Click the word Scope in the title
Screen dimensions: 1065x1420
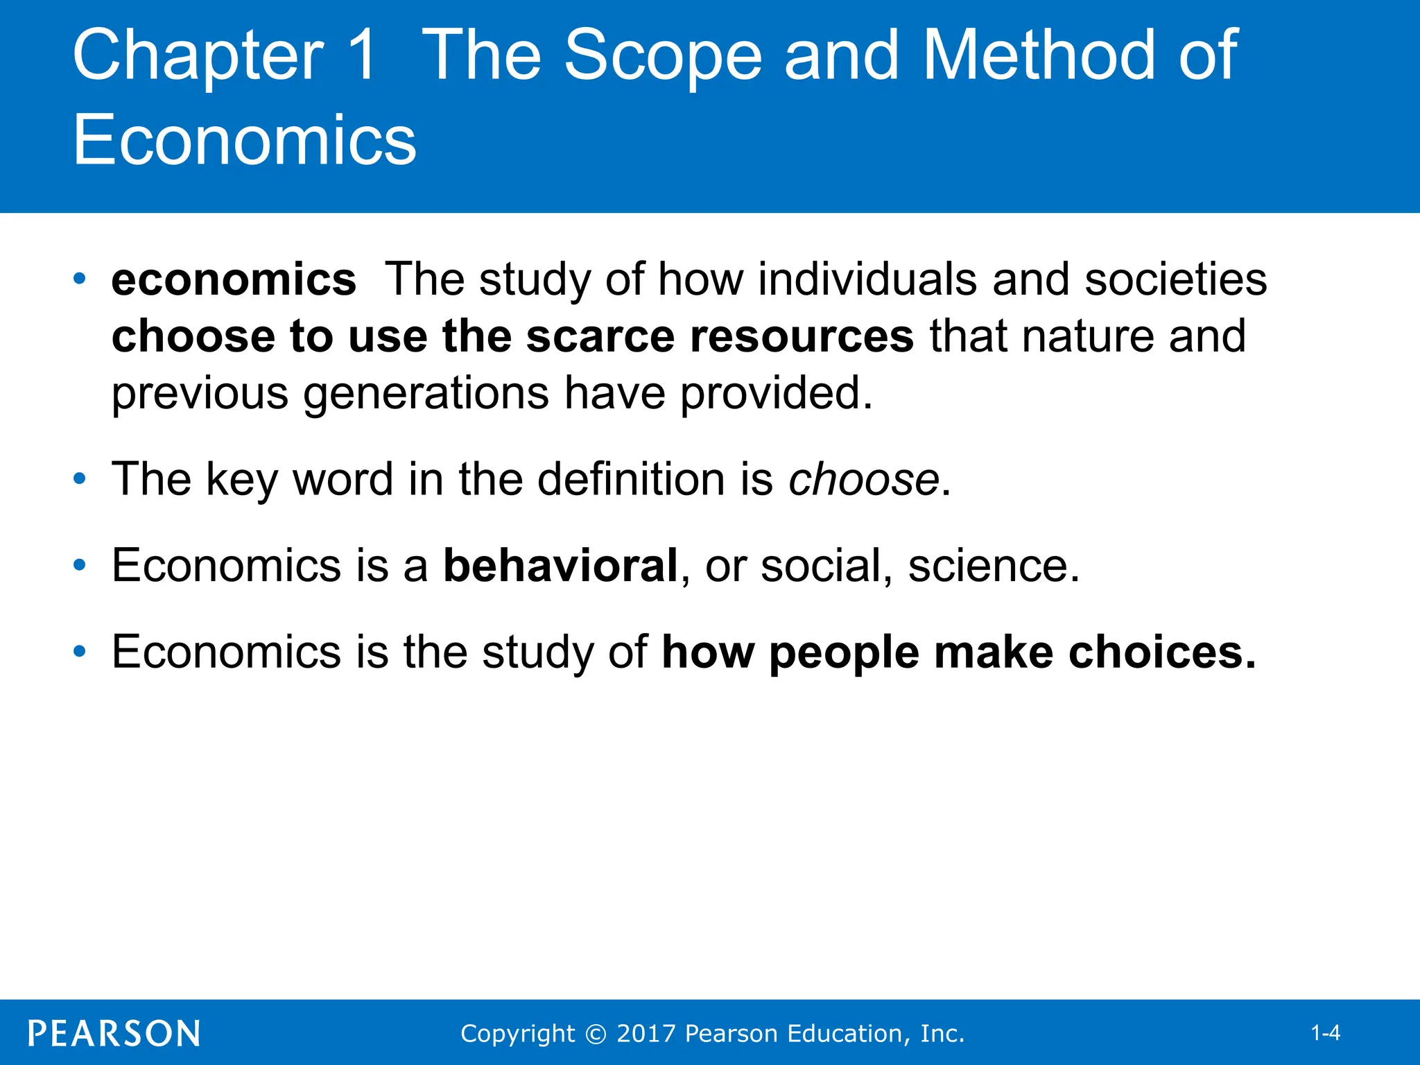tap(663, 55)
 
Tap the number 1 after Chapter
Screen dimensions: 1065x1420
tap(363, 55)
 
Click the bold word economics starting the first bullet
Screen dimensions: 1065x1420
tap(234, 280)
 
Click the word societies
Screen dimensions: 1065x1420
tap(1176, 279)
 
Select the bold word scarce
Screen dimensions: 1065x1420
tap(600, 337)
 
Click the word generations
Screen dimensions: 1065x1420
tap(426, 394)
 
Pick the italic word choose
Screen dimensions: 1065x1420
tap(864, 479)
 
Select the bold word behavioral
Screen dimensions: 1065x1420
tap(560, 565)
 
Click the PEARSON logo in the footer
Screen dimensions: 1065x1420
tap(114, 1033)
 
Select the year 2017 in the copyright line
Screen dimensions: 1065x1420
tap(646, 1033)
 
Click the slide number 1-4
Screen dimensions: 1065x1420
tap(1325, 1033)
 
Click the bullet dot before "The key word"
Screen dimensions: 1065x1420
tap(80, 478)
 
